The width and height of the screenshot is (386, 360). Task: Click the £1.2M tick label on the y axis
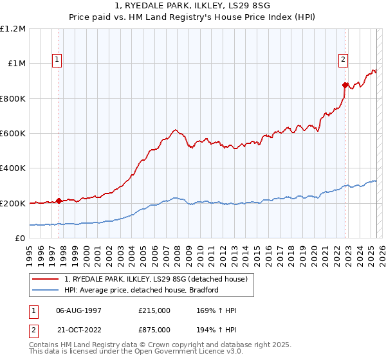coord(14,29)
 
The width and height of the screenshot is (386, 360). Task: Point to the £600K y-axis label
coord(14,134)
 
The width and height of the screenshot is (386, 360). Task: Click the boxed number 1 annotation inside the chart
coord(57,60)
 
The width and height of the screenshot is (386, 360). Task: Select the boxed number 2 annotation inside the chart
coord(343,60)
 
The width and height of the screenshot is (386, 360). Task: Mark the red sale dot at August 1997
coord(59,201)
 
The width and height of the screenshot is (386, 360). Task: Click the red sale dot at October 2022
coord(345,85)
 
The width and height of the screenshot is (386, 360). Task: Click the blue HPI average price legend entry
coord(142,290)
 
